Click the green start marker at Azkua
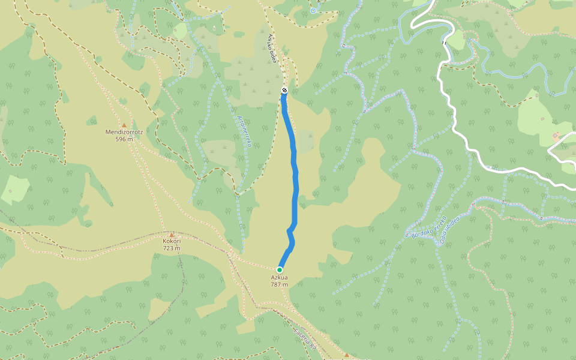pos(280,269)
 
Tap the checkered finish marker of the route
pos(284,91)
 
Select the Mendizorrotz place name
pos(124,132)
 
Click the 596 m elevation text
pos(124,139)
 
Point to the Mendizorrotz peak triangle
pos(124,125)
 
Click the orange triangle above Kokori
pos(172,235)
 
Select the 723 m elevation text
pos(172,248)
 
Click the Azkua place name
pos(279,277)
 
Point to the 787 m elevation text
pos(279,284)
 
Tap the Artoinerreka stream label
pos(243,131)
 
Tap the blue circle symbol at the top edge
pos(313,11)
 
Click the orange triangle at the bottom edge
pos(346,355)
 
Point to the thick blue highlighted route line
pos(295,180)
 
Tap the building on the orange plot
pos(555,137)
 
